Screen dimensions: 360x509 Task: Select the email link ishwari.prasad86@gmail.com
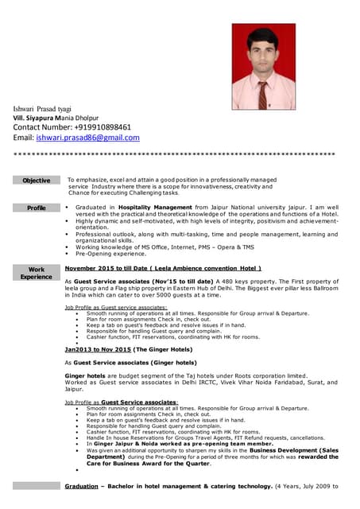(87, 137)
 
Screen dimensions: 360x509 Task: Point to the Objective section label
(37, 181)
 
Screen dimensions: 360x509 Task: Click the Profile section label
(37, 208)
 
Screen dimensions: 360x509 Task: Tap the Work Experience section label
(37, 273)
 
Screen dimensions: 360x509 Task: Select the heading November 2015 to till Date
(163, 269)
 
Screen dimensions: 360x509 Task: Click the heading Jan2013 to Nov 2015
(128, 349)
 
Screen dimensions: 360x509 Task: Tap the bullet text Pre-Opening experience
(110, 254)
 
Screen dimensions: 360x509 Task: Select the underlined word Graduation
(81, 486)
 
